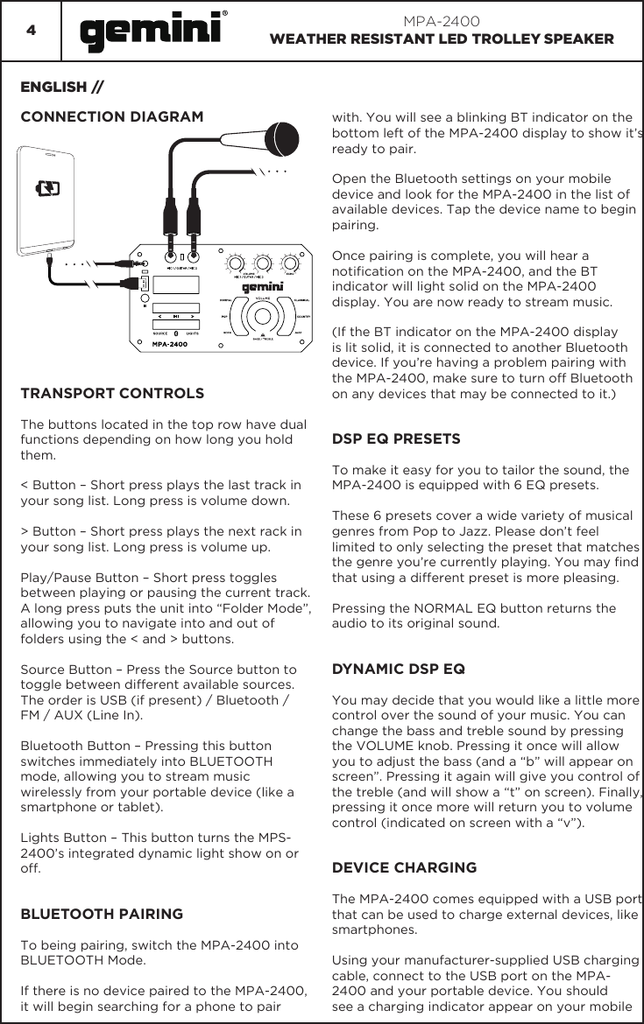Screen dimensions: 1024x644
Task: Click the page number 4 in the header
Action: point(31,31)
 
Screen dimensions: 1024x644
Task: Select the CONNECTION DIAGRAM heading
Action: point(111,116)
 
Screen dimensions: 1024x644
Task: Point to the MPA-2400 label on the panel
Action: point(169,344)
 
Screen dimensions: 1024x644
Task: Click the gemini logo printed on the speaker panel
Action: point(262,286)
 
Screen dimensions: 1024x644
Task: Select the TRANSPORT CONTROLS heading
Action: point(112,393)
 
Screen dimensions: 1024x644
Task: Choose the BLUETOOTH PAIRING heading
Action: point(102,914)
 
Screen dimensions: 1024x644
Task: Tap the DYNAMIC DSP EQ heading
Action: point(399,670)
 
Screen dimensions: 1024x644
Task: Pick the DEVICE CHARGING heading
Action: point(405,867)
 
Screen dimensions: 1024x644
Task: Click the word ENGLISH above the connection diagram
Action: point(53,88)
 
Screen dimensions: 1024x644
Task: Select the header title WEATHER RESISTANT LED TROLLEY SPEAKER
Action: point(442,39)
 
